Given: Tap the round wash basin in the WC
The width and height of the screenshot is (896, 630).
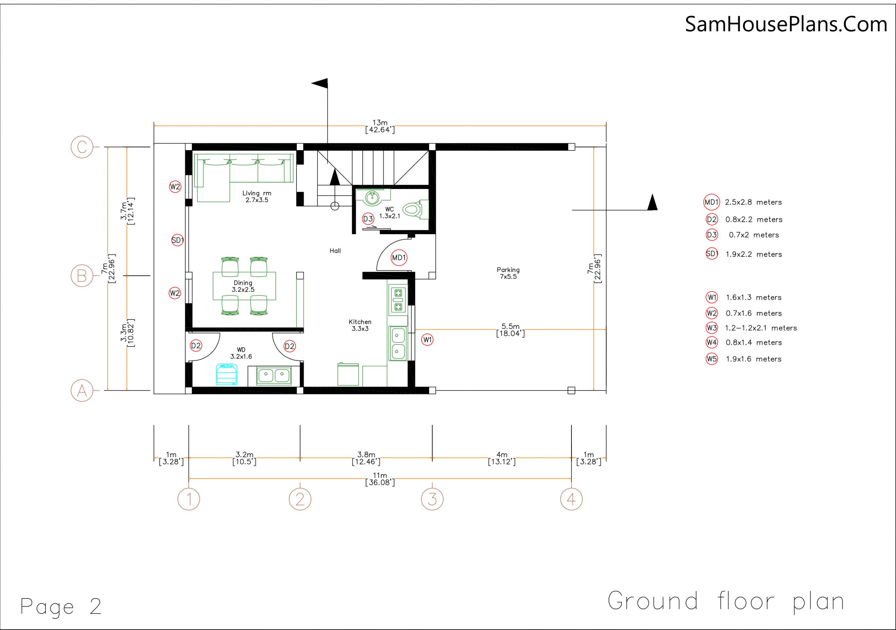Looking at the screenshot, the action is [373, 197].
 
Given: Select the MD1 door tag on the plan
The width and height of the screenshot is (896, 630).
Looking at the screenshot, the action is [399, 258].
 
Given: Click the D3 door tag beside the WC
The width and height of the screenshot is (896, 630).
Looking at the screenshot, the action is [368, 219].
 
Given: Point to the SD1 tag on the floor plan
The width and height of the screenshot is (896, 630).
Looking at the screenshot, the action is [177, 240].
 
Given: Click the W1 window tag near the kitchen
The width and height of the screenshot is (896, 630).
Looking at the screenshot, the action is [428, 339].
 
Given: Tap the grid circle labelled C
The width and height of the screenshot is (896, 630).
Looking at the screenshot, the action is [82, 147].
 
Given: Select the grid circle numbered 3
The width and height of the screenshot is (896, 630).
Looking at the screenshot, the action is [432, 499].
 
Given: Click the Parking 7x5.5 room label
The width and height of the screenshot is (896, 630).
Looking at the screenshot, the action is [508, 273].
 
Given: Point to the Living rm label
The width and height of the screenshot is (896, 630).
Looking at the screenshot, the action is [257, 193].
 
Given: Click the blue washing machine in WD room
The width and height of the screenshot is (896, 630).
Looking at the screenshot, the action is [227, 374].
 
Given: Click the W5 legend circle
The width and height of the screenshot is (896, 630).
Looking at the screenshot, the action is [712, 359].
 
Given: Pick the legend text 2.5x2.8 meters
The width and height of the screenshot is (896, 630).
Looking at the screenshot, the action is [753, 202].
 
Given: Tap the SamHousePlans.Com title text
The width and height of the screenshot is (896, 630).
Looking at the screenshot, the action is [786, 24].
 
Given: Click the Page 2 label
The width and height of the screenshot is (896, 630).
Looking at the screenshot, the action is [61, 607].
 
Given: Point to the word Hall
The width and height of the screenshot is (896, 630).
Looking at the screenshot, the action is [335, 251].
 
